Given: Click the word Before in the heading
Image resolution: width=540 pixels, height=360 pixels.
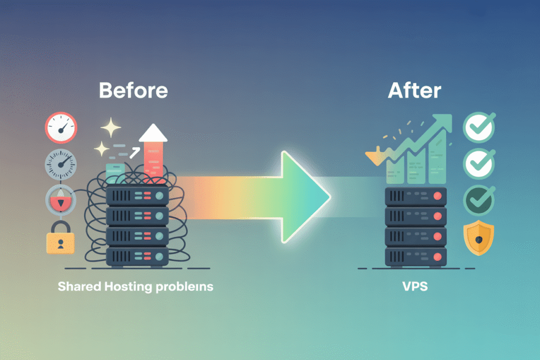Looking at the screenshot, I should point(133,91).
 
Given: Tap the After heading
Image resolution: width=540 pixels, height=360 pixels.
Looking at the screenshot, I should point(414,91).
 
